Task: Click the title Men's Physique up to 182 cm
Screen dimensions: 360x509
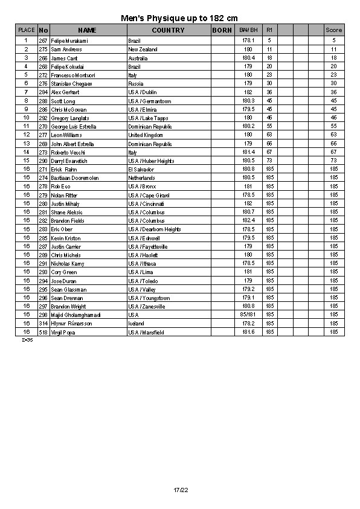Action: point(179,19)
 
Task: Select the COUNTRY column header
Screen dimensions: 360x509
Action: point(168,30)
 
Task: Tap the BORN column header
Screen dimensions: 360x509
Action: point(222,30)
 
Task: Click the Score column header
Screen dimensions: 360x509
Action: point(333,30)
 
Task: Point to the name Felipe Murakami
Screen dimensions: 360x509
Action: point(69,40)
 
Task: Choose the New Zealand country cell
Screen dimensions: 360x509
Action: point(143,49)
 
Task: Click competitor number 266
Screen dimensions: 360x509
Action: point(43,57)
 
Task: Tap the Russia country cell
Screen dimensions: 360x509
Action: point(135,83)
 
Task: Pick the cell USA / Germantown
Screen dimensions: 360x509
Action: point(150,101)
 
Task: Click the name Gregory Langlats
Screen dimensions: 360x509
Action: point(71,118)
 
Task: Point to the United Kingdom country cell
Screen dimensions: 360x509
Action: point(146,135)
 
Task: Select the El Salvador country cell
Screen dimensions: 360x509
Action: point(141,170)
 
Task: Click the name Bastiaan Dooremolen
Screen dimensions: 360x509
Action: point(75,178)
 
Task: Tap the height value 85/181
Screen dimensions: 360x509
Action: point(248,315)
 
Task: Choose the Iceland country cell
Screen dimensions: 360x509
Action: point(137,324)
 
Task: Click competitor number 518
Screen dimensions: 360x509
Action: point(43,332)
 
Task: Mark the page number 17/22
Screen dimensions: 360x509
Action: point(180,490)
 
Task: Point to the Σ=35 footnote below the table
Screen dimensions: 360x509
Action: point(27,340)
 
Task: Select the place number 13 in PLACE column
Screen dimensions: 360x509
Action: point(26,144)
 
